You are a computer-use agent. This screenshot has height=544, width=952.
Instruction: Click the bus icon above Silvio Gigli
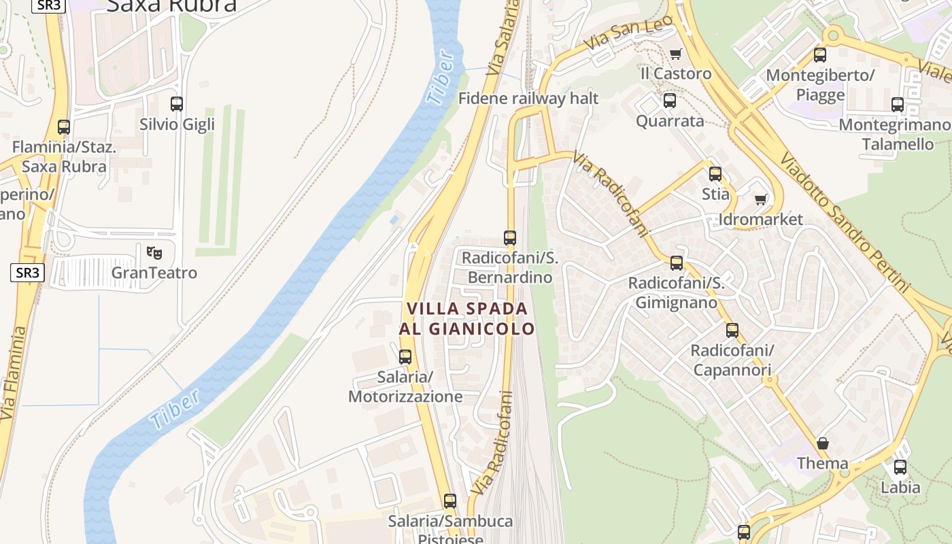[x=177, y=104]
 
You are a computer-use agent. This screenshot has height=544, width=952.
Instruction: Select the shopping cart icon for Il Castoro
[x=675, y=54]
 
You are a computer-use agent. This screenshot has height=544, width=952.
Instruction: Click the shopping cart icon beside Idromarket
[x=761, y=199]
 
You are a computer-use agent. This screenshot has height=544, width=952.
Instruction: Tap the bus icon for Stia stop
[x=715, y=174]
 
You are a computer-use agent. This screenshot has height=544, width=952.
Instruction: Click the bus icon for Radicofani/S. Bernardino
[x=510, y=238]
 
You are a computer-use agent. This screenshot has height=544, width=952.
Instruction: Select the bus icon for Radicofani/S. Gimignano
[x=677, y=263]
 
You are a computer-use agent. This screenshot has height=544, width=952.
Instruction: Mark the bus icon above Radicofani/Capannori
[x=732, y=330]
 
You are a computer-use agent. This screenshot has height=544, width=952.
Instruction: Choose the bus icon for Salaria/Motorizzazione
[x=405, y=356]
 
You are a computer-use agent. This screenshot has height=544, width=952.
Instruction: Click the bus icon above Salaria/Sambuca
[x=450, y=501]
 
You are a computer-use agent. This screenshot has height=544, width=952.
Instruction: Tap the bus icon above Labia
[x=900, y=467]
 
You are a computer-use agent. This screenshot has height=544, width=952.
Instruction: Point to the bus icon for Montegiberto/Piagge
[x=820, y=55]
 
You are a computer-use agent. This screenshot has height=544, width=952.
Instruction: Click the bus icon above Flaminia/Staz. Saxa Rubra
[x=64, y=127]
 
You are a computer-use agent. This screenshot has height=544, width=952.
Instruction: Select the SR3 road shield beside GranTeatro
[x=28, y=273]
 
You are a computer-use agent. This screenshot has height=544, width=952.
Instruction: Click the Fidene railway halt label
[x=528, y=99]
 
